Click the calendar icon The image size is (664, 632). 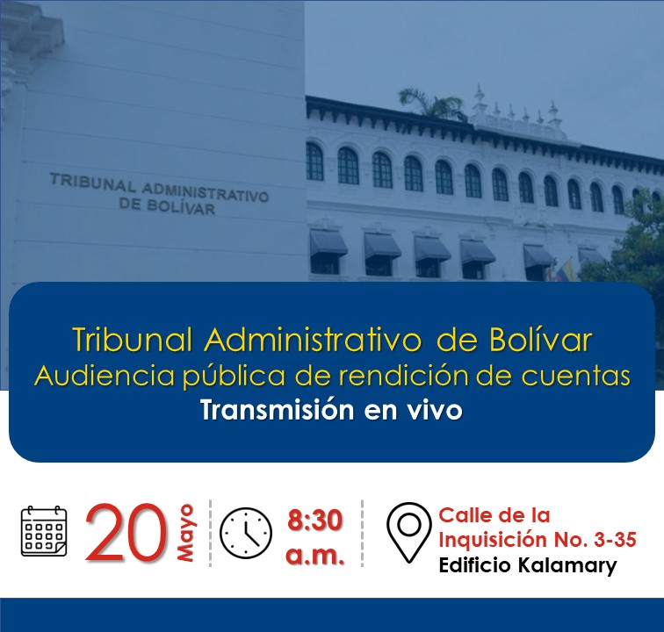[44, 530]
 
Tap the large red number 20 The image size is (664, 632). [126, 532]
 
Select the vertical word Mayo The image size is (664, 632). [185, 533]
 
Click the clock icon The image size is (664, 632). [246, 533]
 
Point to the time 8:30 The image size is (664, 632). [314, 521]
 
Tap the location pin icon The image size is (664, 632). [408, 532]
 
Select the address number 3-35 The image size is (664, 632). [616, 540]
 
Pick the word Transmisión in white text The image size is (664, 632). [278, 410]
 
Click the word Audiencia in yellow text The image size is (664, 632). [105, 376]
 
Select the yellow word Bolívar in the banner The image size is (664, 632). [540, 340]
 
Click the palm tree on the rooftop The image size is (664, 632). [430, 104]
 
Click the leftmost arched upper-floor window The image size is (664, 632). [314, 162]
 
